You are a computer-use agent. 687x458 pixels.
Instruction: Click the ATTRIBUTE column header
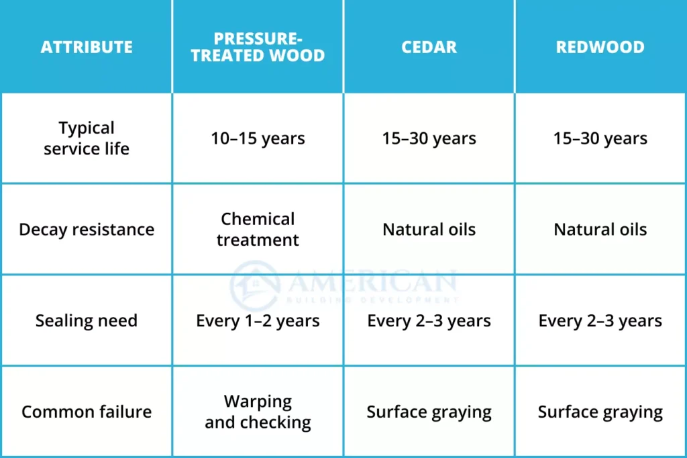coord(87,47)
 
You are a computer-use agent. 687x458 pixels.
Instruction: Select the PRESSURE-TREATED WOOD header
coord(258,47)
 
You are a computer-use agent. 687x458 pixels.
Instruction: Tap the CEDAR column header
coord(429,47)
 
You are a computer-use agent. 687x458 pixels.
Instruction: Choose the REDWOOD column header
coord(600,47)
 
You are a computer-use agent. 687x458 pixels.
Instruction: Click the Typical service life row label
coord(87,138)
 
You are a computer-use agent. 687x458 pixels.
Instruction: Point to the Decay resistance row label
coord(87,230)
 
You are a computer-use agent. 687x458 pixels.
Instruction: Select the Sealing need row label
coord(87,321)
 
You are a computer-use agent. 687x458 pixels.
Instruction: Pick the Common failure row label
coord(87,412)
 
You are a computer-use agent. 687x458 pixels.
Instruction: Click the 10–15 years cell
coord(258,138)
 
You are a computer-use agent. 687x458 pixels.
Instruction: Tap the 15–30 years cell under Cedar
coord(429,138)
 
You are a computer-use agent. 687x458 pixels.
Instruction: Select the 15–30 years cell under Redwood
coord(600,138)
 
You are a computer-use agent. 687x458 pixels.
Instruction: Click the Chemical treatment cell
coord(258,230)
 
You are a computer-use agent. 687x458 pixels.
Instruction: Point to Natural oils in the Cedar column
coord(429,230)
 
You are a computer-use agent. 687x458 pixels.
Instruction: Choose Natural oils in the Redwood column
coord(600,230)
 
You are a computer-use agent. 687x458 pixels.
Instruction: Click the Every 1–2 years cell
coord(258,321)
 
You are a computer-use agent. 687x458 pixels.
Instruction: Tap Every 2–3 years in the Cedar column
coord(429,321)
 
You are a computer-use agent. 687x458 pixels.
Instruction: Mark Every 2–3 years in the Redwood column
coord(600,321)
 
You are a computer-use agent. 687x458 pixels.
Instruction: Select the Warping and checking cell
coord(258,412)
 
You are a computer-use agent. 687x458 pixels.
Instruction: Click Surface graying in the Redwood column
coord(600,412)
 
